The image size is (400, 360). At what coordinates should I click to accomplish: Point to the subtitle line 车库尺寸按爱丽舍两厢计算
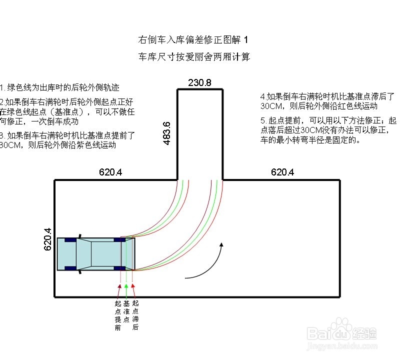[194, 57]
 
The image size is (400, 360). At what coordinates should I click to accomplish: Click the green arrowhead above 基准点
[126, 286]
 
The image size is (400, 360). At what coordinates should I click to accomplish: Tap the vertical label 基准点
[126, 311]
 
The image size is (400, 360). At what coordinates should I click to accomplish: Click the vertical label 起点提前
[118, 315]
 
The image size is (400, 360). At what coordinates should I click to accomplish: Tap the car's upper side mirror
[79, 235]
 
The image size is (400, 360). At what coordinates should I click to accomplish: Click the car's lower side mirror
[79, 272]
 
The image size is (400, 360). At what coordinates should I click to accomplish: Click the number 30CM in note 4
[271, 106]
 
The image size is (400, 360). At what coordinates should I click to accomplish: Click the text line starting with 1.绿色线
[60, 87]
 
